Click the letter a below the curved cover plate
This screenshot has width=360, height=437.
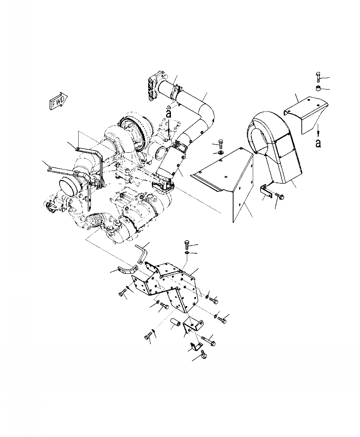[318, 143]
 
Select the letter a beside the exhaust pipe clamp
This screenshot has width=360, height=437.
[168, 114]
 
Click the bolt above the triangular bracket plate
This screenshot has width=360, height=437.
[221, 143]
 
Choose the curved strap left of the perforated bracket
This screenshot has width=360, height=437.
[128, 270]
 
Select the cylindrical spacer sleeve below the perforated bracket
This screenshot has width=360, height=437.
[175, 326]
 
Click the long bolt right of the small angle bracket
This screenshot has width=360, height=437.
[208, 339]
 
